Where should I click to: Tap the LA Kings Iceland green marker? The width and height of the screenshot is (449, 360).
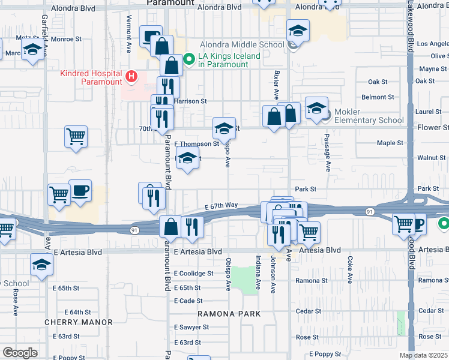[x=188, y=59]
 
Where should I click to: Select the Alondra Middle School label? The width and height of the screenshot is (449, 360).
[x=243, y=44]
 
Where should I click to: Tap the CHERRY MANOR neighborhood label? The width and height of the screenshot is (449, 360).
[x=79, y=322]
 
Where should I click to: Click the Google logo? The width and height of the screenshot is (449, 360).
[x=20, y=353]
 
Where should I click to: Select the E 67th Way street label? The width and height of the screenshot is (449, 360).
[x=221, y=206]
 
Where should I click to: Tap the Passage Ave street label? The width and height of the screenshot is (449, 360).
[x=328, y=159]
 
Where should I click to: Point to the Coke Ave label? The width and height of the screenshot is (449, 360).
[x=349, y=269]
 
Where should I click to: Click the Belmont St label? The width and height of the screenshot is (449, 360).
[x=377, y=97]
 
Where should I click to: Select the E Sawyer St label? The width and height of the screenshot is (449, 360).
[x=191, y=327]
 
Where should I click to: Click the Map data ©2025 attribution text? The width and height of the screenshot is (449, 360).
[x=424, y=355]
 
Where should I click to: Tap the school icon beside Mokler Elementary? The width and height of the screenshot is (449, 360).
[x=316, y=109]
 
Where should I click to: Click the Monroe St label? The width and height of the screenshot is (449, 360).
[x=66, y=39]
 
